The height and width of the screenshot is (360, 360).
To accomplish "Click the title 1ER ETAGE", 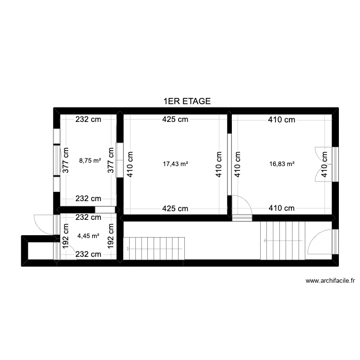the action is tap(187, 101).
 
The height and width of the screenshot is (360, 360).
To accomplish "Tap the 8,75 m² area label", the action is tap(90, 160).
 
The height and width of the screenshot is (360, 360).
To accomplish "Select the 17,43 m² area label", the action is tap(176, 164).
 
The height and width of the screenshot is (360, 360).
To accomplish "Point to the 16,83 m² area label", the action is tap(282, 164).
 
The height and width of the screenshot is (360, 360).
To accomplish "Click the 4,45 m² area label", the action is tap(88, 236).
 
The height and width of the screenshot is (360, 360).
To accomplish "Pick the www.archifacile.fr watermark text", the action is tap(330, 281).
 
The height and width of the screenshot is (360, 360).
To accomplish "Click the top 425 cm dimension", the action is tap(175, 120).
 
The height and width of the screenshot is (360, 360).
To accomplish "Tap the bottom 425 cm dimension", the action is tap(175, 208).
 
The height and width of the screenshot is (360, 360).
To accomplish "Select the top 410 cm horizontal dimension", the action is tap(281, 120).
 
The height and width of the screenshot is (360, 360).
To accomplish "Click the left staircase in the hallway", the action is tap(154, 249).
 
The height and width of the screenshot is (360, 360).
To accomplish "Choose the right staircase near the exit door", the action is tap(283, 240).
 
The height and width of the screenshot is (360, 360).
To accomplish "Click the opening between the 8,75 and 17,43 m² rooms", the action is tap(120, 160).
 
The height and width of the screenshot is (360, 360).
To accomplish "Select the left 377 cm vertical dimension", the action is tap(65, 160).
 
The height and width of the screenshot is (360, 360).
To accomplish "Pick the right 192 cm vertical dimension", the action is tap(111, 236).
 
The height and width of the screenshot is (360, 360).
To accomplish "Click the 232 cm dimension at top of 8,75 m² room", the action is tap(88, 120).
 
